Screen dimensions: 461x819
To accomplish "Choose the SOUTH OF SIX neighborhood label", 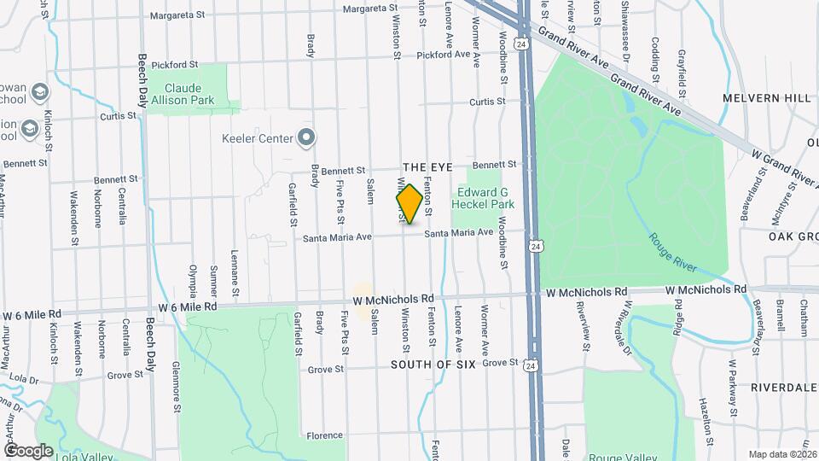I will click(x=431, y=365).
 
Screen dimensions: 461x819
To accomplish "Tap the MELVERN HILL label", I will click(x=766, y=98).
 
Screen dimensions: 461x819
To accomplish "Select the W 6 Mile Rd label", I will click(x=187, y=306).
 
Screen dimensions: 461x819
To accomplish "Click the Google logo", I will click(x=28, y=450).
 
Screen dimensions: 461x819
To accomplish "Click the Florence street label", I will click(x=324, y=435).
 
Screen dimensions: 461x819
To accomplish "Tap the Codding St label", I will click(x=655, y=54).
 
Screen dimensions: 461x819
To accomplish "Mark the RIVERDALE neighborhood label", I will click(x=784, y=387).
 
